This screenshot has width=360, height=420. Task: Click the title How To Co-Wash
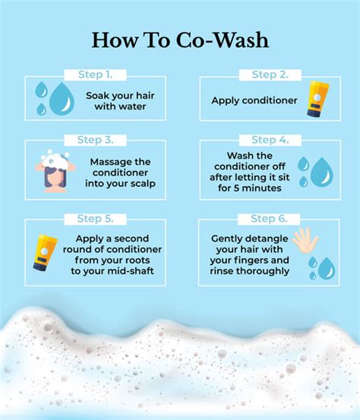pyautogui.click(x=180, y=40)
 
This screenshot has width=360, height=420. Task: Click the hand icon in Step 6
pyautogui.click(x=305, y=240)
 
